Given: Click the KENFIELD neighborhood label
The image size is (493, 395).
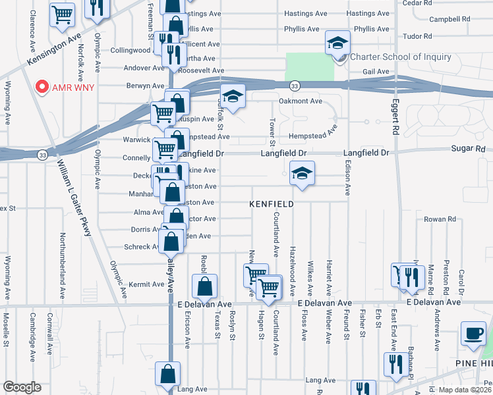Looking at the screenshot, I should coord(271,205).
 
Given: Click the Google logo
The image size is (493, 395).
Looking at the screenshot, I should coord(21,387).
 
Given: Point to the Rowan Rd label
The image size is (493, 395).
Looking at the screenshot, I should coord(440,219).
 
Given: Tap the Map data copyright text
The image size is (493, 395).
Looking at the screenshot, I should coord(465,390).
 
